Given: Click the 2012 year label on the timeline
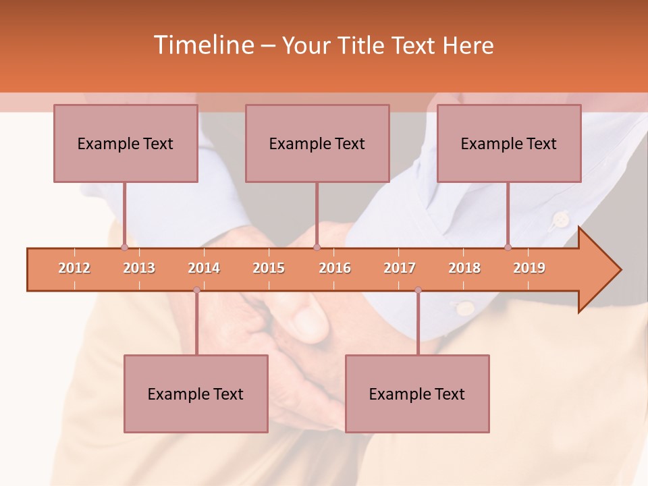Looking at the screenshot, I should tap(74, 268).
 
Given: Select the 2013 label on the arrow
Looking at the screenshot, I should tap(139, 268).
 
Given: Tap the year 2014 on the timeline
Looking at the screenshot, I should tap(204, 268).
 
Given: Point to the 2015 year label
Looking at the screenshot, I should tap(269, 268).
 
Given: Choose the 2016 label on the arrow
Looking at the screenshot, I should tap(335, 268).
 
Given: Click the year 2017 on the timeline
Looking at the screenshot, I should tap(400, 268).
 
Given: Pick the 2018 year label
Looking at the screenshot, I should tap(464, 268).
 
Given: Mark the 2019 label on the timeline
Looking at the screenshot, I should tap(529, 268).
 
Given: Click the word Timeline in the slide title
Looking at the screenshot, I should tap(202, 45).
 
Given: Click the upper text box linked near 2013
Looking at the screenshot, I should tap(126, 143).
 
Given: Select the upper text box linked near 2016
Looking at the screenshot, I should tap(317, 143).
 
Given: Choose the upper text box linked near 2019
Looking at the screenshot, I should tap(509, 143).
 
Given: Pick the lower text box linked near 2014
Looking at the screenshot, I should tap(196, 394).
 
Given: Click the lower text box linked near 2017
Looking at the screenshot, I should tap(417, 394).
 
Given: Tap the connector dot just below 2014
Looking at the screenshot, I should tap(196, 290).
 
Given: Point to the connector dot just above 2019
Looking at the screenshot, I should tap(508, 247).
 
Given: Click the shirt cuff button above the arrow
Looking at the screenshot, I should tap(560, 219).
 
